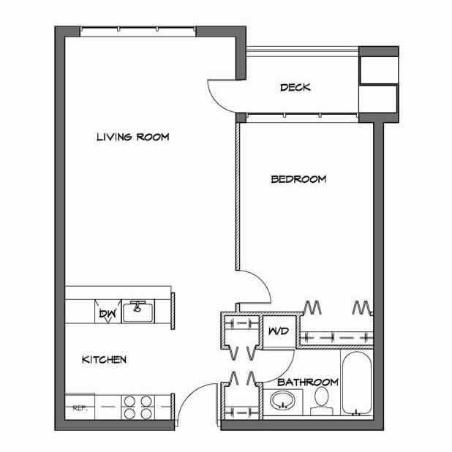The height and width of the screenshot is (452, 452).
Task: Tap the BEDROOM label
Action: point(298,179)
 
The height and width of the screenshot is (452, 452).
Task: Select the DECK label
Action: point(295,88)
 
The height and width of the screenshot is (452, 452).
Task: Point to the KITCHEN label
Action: point(105,359)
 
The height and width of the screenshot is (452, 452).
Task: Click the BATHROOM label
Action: point(307,382)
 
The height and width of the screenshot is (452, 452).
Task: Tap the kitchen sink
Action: point(136,312)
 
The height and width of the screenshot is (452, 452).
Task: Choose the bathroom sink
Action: point(281,402)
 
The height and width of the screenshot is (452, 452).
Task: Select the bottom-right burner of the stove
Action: point(146,414)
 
